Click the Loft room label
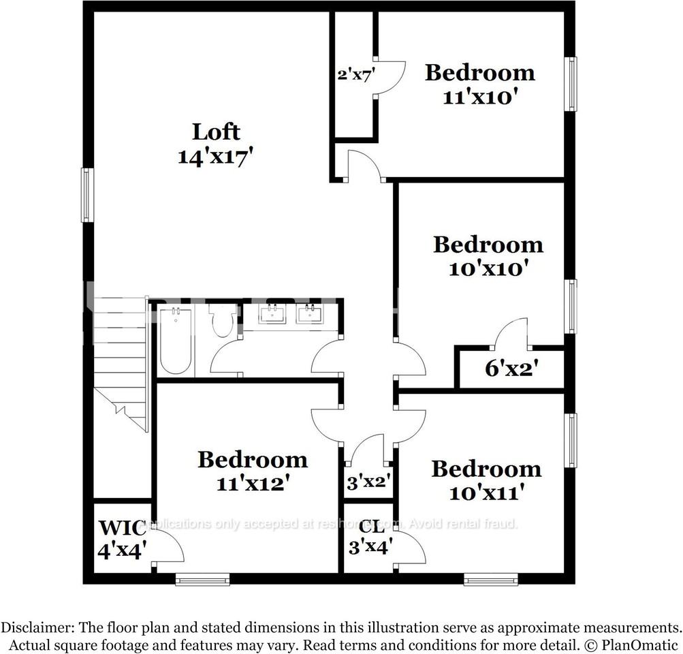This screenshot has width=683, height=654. coord(216,131)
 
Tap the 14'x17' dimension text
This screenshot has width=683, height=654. coord(216,156)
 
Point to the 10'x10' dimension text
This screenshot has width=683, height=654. coord(488,268)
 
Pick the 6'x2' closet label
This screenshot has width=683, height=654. coord(512,369)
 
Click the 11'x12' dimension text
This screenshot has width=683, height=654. coord(252,484)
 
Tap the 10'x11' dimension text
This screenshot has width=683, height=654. coord(486,493)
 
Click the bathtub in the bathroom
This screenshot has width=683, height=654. coord(176,341)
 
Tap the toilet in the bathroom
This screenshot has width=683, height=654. coord(223,320)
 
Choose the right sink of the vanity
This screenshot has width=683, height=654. coord(311,315)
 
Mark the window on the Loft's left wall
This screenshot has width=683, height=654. coord(86,195)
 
